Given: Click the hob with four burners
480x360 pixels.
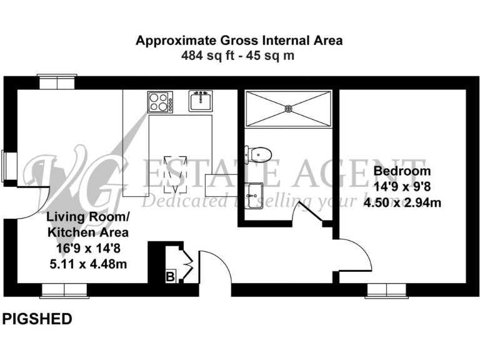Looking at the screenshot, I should [161, 102].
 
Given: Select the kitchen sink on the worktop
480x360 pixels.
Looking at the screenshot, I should [201, 101].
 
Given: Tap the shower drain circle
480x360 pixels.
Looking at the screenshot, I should [289, 108].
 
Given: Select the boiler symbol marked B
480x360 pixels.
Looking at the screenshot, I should [169, 276].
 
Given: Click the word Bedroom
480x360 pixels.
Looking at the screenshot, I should [402, 171].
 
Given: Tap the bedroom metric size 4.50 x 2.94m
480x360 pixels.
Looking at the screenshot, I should [402, 201].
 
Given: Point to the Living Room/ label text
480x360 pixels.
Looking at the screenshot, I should [88, 217].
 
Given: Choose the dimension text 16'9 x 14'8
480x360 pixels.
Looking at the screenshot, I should [88, 249].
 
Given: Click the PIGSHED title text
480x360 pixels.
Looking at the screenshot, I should [37, 319].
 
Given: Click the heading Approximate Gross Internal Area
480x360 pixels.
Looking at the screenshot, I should [240, 41].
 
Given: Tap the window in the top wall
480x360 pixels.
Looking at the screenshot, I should [57, 82].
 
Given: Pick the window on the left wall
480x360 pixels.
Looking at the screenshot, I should [9, 166].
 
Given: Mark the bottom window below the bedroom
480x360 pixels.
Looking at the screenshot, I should [387, 290].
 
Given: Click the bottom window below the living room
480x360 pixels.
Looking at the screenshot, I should [64, 290].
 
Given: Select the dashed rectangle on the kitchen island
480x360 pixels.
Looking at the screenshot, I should [174, 173].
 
